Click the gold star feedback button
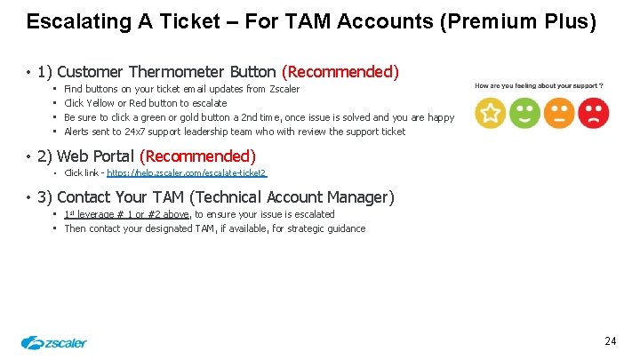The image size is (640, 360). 491,114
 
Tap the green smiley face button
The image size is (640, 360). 524,114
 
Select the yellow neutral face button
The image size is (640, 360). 559,114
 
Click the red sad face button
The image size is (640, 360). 593,114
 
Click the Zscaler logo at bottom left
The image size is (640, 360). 54,342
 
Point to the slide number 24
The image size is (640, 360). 610,341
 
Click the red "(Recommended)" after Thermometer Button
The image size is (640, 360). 340,71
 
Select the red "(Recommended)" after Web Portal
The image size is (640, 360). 197,156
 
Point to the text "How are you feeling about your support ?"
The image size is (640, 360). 540,86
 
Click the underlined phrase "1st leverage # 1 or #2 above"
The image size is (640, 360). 127,214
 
